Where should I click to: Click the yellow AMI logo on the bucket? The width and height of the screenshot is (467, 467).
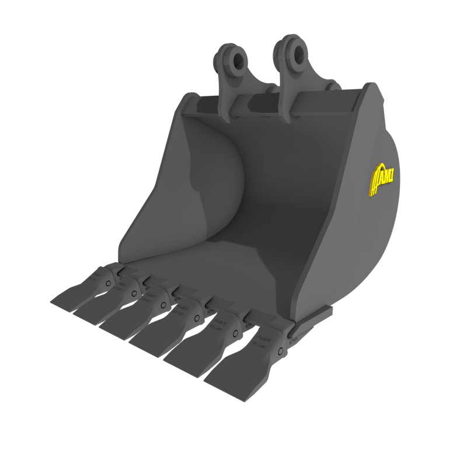(x=384, y=177)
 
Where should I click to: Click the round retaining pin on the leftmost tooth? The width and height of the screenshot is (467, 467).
(x=109, y=283)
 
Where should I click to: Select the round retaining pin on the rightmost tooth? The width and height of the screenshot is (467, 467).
(x=281, y=351)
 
